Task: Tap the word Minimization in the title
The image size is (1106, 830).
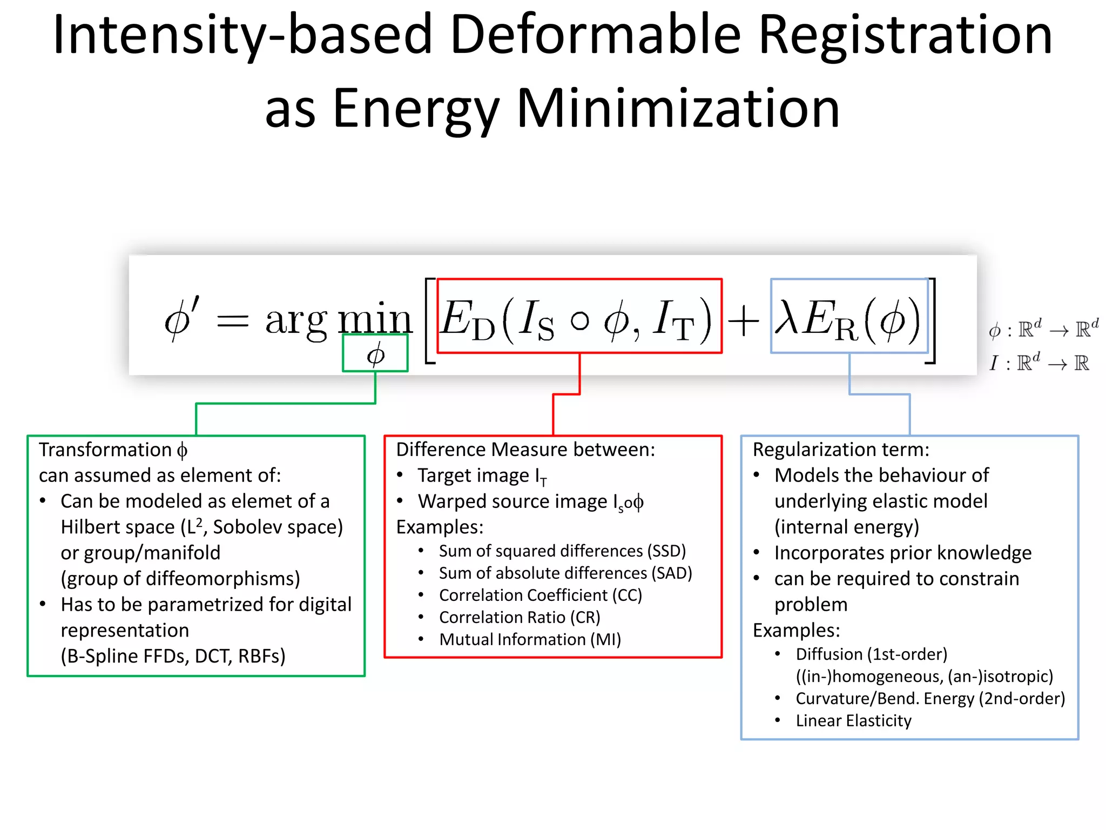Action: click(678, 109)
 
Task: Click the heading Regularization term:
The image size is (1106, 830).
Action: click(841, 450)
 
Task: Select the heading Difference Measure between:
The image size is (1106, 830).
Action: click(525, 450)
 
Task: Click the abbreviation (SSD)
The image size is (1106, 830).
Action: click(666, 551)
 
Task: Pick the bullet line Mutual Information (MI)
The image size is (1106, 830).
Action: click(530, 640)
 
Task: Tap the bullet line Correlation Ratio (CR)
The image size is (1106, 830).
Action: click(520, 618)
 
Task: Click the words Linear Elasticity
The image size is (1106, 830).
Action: click(853, 721)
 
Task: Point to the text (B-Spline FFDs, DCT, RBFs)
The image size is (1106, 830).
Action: click(173, 656)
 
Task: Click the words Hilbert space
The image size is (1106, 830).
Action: click(118, 527)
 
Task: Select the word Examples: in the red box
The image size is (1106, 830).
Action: click(440, 527)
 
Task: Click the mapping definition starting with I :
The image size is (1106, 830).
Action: click(1038, 363)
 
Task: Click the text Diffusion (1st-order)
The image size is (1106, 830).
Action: click(871, 654)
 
